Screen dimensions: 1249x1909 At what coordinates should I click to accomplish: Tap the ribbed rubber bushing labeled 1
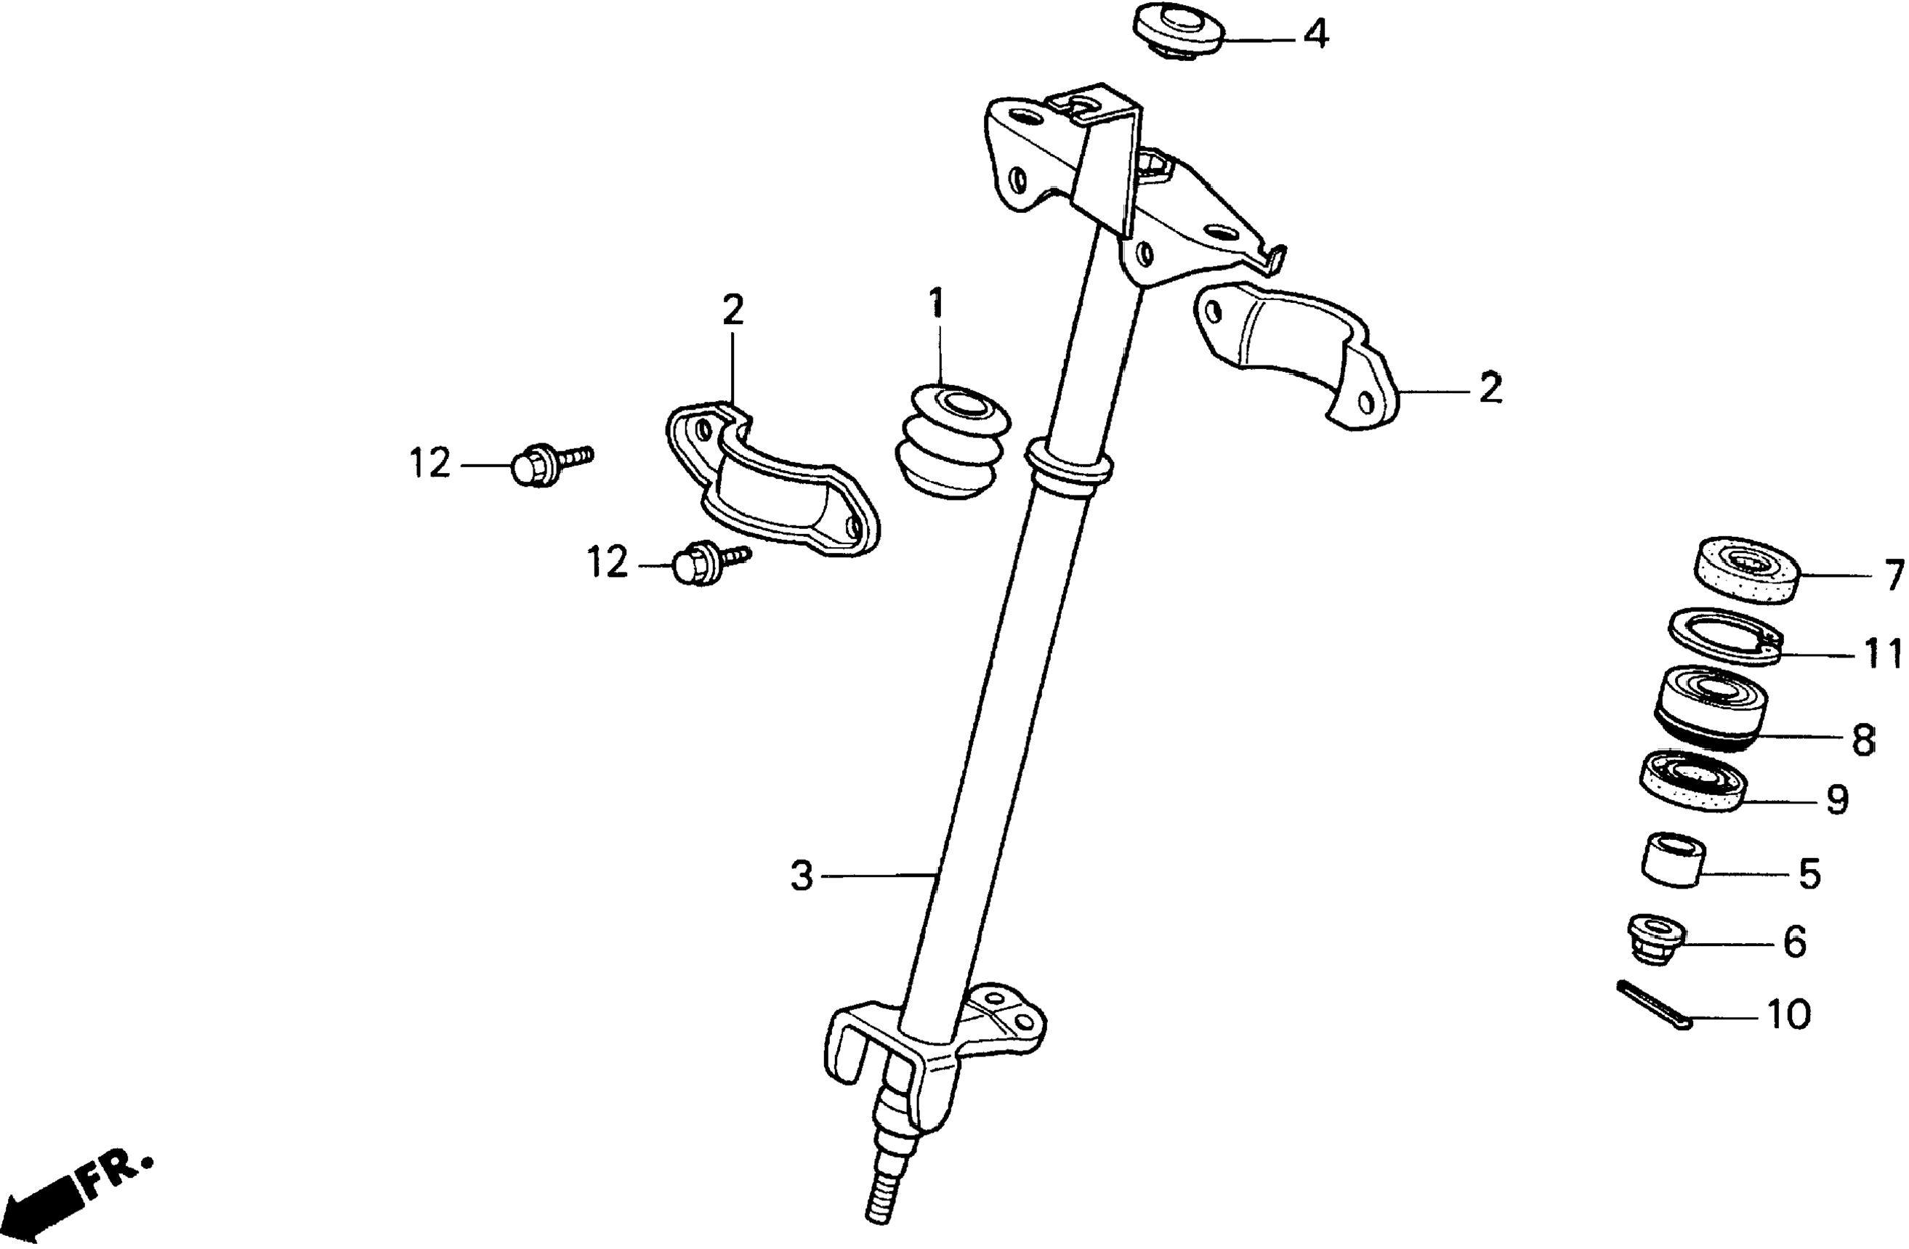tap(951, 446)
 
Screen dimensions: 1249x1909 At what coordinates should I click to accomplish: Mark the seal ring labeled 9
tap(1692, 781)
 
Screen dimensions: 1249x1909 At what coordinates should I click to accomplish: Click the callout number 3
tap(802, 876)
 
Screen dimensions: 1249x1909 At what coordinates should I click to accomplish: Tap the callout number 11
tap(1881, 655)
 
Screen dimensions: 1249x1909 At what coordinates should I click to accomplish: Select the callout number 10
tap(1788, 1015)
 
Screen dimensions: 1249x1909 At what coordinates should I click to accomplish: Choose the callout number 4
tap(1315, 36)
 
